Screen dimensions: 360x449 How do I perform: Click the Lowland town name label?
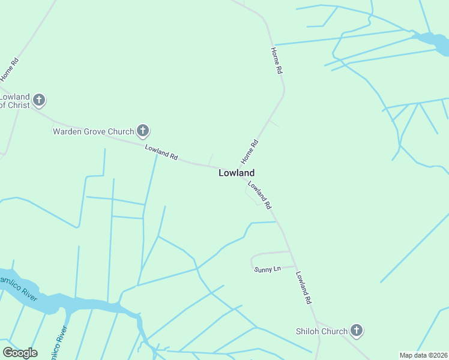pyautogui.click(x=236, y=173)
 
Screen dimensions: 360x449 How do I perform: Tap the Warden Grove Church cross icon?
pyautogui.click(x=143, y=130)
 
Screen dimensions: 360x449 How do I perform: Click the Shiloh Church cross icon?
pyautogui.click(x=357, y=331)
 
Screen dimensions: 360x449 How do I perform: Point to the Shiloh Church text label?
pyautogui.click(x=321, y=331)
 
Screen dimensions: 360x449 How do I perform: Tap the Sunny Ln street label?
pyautogui.click(x=268, y=269)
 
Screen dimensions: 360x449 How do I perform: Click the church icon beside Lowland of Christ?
pyautogui.click(x=39, y=100)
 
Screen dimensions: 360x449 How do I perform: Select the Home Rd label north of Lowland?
pyautogui.click(x=250, y=152)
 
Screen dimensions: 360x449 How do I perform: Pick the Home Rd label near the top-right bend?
pyautogui.click(x=277, y=61)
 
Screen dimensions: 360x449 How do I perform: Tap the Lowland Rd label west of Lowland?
pyautogui.click(x=161, y=152)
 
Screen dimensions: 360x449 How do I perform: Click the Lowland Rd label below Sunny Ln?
pyautogui.click(x=304, y=287)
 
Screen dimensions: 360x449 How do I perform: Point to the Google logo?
pyautogui.click(x=20, y=352)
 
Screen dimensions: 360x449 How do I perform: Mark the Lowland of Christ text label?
pyautogui.click(x=14, y=101)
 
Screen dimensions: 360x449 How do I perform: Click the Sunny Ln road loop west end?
pyautogui.click(x=252, y=260)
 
